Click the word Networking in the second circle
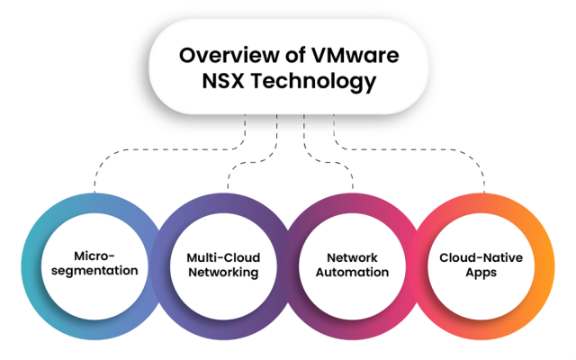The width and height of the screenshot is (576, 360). [223, 272]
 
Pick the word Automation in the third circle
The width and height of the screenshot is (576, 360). [352, 272]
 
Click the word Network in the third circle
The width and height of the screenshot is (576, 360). [352, 256]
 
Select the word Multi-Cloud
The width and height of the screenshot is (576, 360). [223, 256]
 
